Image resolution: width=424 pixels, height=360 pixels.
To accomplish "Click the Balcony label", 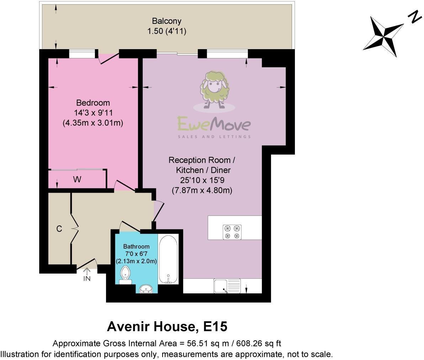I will tap(167, 21).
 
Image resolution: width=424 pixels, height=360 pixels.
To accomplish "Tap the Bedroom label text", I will tap(93, 103).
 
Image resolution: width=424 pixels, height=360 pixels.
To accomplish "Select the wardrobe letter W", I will tap(77, 180).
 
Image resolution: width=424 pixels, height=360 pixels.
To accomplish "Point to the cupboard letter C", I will tap(59, 229).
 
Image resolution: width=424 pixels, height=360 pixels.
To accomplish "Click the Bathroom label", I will tap(136, 246).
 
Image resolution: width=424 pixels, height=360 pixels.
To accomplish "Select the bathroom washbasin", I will tap(146, 288).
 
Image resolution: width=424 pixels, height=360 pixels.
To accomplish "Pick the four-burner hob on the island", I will tap(232, 232).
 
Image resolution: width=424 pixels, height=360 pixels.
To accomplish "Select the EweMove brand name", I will tap(214, 125).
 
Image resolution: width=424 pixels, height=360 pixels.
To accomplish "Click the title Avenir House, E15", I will tap(167, 326).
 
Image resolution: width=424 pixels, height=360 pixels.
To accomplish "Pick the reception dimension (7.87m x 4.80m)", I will tap(202, 191).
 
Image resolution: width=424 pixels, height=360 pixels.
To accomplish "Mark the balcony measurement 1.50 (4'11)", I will tap(167, 31).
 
